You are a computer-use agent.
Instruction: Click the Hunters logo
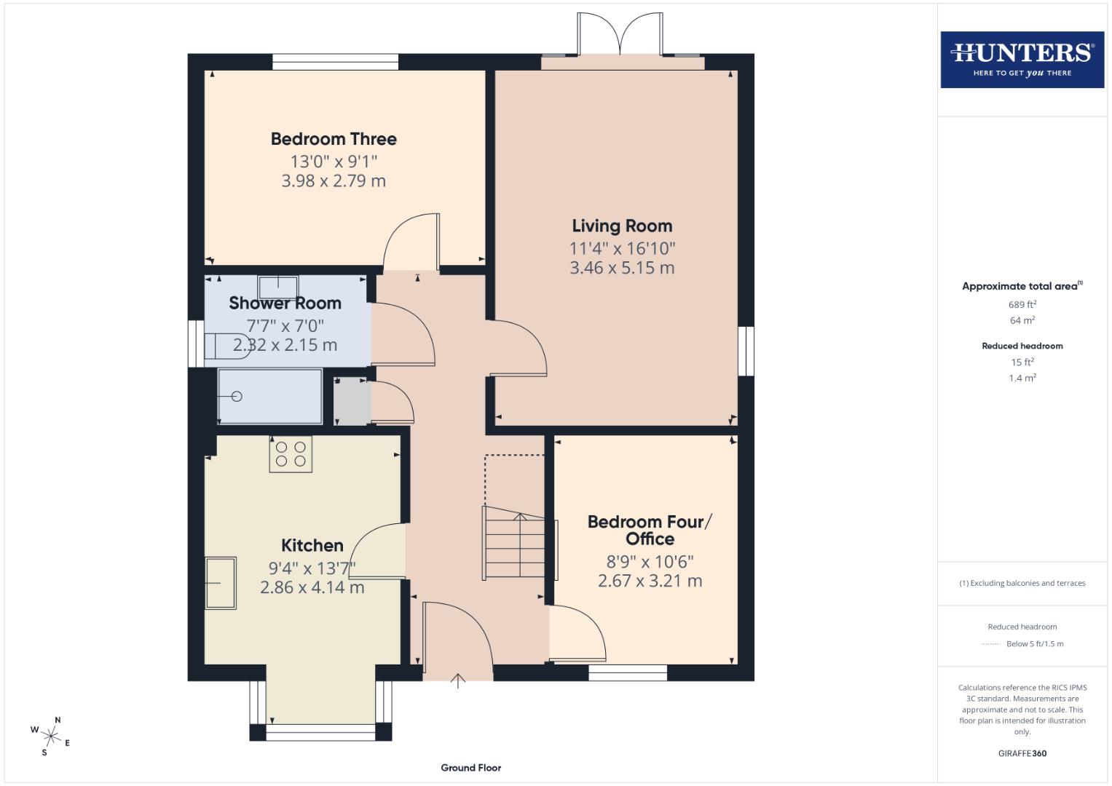1022,60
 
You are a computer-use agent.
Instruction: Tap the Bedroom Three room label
334,139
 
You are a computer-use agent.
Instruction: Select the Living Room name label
622,226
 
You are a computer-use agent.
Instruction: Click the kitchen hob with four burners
291,454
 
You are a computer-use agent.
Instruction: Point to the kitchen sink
221,582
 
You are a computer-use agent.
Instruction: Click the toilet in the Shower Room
221,346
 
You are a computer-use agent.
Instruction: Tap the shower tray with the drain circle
270,397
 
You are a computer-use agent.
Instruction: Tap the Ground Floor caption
470,768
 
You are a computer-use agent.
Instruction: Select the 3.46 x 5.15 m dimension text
622,268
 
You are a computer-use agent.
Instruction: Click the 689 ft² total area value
1022,305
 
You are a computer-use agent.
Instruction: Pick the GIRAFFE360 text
1022,753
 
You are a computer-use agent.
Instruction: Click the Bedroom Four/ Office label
650,530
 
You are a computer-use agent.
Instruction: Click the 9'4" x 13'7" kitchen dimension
312,568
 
